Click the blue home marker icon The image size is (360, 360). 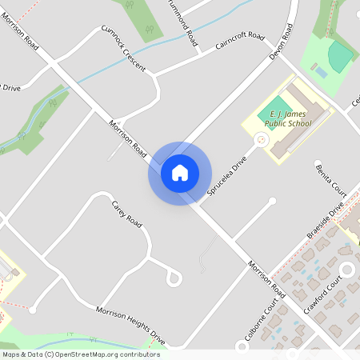(x=180, y=173)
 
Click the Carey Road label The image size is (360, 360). (x=126, y=215)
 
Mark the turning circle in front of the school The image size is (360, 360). (x=261, y=140)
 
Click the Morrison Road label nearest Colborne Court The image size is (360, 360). (x=266, y=278)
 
